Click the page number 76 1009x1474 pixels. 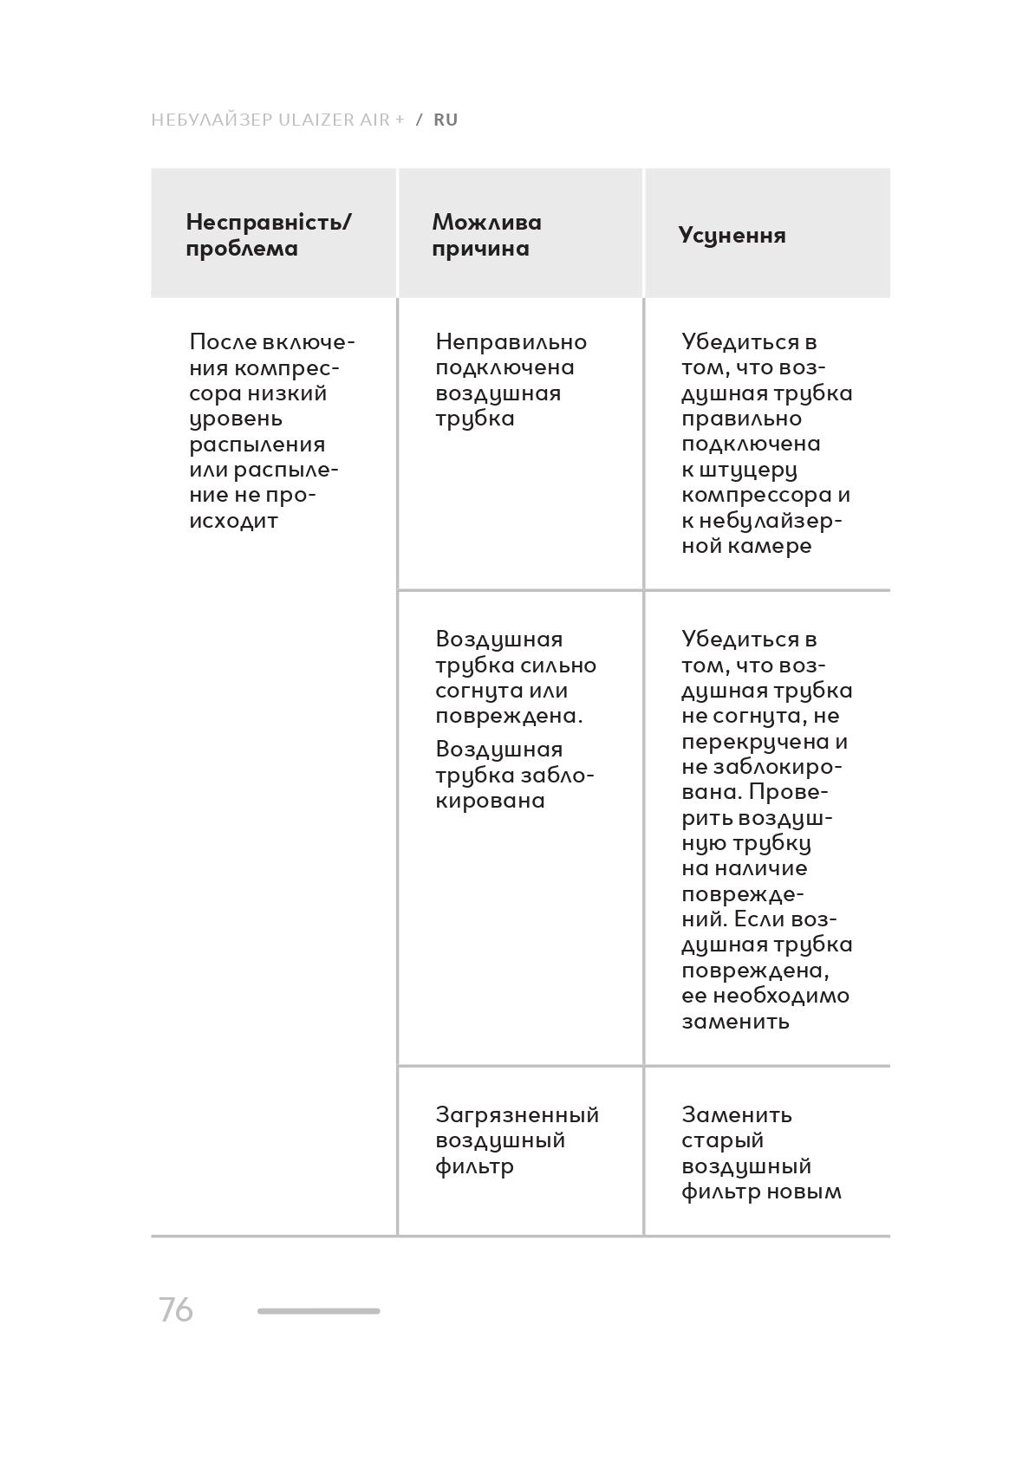click(175, 1309)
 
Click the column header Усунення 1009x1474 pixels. click(732, 236)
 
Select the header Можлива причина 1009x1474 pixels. click(486, 235)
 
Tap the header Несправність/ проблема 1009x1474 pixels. click(269, 235)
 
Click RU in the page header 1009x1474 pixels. click(446, 120)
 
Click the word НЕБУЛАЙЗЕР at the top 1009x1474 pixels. click(212, 120)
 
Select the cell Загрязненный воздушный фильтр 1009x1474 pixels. click(517, 1140)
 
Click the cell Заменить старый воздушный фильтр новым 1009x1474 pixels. click(761, 1153)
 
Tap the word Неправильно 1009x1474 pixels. click(511, 341)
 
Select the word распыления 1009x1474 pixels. click(257, 445)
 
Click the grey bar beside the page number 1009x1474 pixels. click(318, 1311)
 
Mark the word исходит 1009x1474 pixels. click(233, 521)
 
